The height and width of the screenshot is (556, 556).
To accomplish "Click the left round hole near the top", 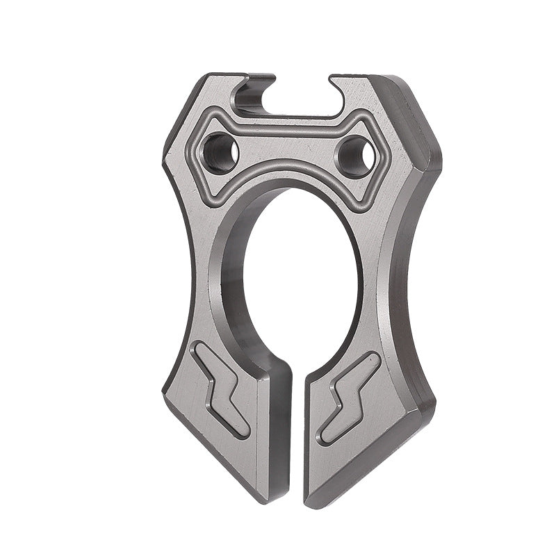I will click(220, 153).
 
